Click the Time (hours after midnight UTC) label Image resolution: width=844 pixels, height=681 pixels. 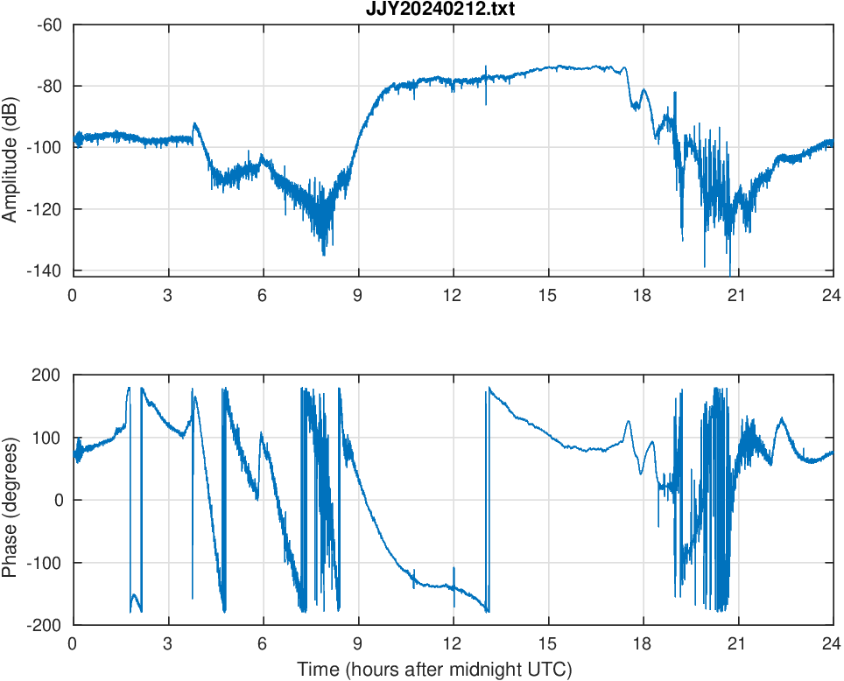tap(435, 670)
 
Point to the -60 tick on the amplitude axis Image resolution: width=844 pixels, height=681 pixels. tap(49, 25)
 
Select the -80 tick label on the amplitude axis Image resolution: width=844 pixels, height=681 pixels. tap(49, 86)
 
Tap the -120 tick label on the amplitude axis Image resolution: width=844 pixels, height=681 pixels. tap(46, 209)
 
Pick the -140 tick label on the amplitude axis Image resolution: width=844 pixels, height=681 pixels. tap(46, 270)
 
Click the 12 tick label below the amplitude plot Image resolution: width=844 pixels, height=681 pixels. tap(453, 295)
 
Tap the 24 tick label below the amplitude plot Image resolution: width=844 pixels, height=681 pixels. tap(832, 295)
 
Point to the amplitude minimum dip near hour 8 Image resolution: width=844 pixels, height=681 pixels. tap(324, 254)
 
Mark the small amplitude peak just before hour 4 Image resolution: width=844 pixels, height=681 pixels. tap(195, 123)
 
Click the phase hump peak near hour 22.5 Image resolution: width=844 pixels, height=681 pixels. tap(781, 418)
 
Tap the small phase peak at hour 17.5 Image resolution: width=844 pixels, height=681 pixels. tap(628, 422)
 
